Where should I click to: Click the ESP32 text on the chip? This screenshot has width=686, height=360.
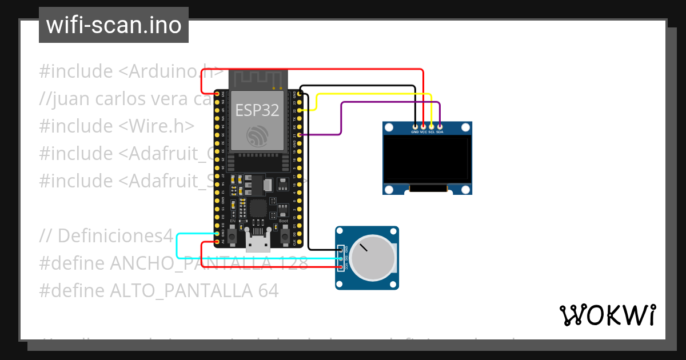tap(257, 110)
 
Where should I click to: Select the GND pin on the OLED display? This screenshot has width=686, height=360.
tap(415, 126)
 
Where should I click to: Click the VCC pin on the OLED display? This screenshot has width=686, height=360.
tap(423, 126)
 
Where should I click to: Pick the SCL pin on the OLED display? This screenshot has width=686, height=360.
tap(432, 126)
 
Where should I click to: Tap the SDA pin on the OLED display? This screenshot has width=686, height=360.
tap(440, 126)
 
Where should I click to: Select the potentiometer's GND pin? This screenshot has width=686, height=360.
tap(341, 250)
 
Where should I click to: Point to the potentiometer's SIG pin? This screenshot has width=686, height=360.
tap(341, 258)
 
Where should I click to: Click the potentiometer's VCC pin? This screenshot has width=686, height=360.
tap(341, 267)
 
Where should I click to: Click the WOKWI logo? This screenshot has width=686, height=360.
tap(607, 315)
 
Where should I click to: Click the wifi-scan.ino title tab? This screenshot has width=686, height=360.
tap(113, 25)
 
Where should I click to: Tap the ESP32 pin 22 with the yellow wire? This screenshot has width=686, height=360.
tap(300, 110)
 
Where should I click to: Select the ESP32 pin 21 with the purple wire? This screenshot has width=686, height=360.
tap(300, 134)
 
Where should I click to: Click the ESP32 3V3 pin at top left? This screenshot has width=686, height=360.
tap(217, 93)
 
